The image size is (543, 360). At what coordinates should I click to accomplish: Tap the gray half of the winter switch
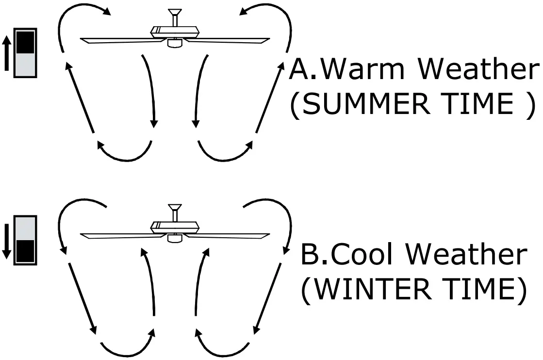[25, 228]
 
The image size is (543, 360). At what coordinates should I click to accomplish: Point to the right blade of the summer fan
[228, 39]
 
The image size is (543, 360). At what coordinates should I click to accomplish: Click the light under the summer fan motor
[173, 43]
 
